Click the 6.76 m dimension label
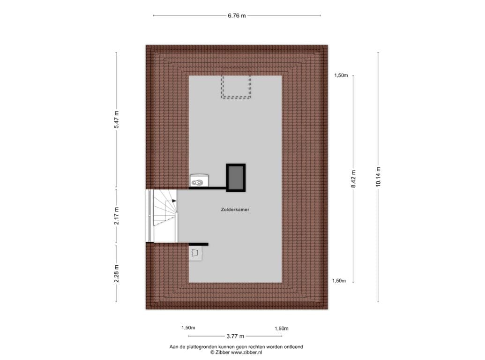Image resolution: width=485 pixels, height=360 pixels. [x=237, y=16]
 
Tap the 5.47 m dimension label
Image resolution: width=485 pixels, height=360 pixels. [x=116, y=120]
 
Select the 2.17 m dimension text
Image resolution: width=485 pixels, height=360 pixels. [x=116, y=216]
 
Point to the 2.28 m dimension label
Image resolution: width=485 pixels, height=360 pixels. [x=116, y=273]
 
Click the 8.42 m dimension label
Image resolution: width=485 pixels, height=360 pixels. [x=353, y=179]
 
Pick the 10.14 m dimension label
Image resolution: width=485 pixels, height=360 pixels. [x=378, y=177]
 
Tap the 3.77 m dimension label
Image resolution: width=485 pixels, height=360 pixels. [x=235, y=336]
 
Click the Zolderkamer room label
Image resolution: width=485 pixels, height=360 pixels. [x=235, y=210]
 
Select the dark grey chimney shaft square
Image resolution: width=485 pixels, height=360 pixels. [x=236, y=178]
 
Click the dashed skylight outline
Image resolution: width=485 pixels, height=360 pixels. [x=236, y=97]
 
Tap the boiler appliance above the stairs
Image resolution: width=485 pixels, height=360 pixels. [x=199, y=180]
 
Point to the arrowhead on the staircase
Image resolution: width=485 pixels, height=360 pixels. [x=174, y=201]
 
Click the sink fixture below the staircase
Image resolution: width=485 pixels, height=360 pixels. [x=195, y=253]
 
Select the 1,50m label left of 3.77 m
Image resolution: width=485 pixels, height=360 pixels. [x=188, y=328]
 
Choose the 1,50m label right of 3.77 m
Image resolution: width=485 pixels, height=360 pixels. [x=282, y=329]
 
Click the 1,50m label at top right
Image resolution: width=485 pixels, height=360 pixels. [x=341, y=75]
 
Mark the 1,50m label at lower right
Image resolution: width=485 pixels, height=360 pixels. [x=339, y=281]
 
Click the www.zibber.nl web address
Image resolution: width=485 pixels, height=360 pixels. [x=246, y=352]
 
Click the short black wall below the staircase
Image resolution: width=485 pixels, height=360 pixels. [x=199, y=244]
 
